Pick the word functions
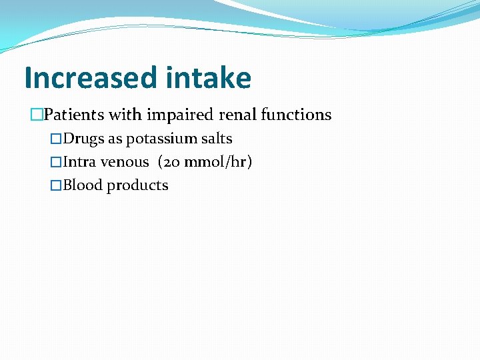(x=296, y=115)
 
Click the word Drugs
(x=83, y=139)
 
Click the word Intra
(x=79, y=162)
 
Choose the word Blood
(x=83, y=185)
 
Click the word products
(x=137, y=186)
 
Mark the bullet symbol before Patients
(x=37, y=115)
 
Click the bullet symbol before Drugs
(x=57, y=139)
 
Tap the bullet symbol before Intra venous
(x=57, y=162)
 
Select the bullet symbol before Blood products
(x=57, y=185)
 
